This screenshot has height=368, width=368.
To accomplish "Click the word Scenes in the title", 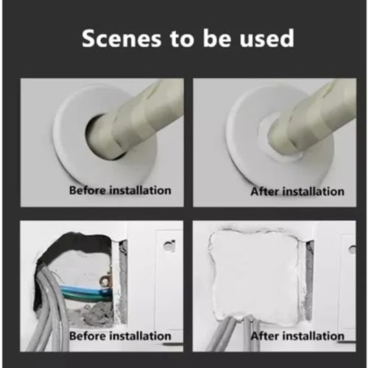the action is pos(121,38).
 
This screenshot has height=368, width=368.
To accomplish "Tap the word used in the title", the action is pos(267,38).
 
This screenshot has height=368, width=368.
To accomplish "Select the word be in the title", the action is pos(217,38).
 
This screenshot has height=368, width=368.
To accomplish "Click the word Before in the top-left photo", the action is pos(88,191).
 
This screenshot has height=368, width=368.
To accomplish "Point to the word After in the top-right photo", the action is pos(264,191).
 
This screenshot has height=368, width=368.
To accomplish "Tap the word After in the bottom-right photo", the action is pos(264,336).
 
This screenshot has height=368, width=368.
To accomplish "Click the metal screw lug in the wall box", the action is pos(105,280).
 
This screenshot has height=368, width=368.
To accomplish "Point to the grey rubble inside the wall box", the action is pos(90,316).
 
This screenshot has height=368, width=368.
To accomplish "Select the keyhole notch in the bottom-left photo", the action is pos(170,246).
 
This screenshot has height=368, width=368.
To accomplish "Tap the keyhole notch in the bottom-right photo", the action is pos(353,250).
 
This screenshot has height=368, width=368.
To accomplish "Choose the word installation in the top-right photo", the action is pos(314,191).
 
